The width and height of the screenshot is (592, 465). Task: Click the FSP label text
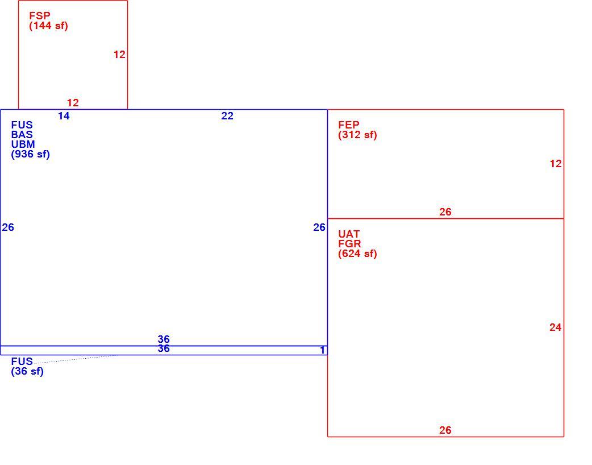tap(40, 15)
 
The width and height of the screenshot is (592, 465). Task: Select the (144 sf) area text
tap(48, 26)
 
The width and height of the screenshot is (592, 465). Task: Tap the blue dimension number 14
tap(64, 116)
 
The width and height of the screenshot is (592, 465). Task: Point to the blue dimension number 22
tap(227, 116)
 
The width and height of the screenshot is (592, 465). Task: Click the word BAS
tap(22, 135)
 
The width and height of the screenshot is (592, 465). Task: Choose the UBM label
tap(23, 144)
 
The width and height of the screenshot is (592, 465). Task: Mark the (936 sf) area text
tap(31, 154)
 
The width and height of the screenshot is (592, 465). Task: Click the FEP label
tap(349, 124)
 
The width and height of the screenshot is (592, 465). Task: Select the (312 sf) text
tap(357, 135)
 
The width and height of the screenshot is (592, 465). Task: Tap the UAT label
tap(349, 234)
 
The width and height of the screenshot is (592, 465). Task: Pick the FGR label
tap(349, 244)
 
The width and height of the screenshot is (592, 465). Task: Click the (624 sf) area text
tap(357, 254)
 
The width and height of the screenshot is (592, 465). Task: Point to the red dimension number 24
tap(556, 327)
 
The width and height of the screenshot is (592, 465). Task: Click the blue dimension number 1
tap(323, 351)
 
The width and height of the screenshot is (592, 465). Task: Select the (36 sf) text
tap(27, 371)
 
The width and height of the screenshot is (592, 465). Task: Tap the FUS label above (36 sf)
tap(22, 362)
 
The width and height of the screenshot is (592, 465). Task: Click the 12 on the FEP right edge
tap(556, 164)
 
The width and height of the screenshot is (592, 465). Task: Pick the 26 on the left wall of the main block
tap(8, 227)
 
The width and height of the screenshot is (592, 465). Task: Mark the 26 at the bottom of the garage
tap(445, 430)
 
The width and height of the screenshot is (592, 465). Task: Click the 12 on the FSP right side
tap(119, 55)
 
